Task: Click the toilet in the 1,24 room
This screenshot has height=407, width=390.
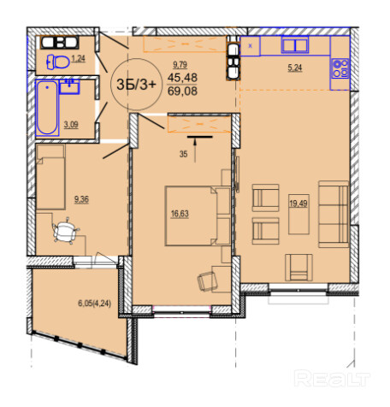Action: [58, 62]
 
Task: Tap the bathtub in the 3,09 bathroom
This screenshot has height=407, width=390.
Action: [47, 108]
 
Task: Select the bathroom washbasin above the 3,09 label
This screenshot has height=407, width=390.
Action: [69, 86]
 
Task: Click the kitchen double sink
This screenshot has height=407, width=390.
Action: [295, 44]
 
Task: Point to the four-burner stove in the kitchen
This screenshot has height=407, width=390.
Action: [340, 68]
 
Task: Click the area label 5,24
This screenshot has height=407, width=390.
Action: [295, 68]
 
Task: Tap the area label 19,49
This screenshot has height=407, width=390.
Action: [298, 203]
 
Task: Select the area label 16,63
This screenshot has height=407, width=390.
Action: [180, 214]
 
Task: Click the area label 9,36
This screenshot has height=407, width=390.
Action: [81, 199]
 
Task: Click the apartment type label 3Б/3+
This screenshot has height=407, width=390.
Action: [136, 85]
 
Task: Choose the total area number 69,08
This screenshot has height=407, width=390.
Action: [182, 91]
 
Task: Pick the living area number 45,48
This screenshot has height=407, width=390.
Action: [182, 77]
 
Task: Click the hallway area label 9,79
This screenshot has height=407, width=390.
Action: [180, 65]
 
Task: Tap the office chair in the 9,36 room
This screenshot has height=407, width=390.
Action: [66, 230]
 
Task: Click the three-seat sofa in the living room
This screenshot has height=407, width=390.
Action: [334, 214]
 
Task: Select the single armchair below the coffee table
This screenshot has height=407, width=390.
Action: [298, 268]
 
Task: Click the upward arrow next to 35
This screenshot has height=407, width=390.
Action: [195, 150]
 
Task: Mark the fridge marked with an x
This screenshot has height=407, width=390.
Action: [251, 46]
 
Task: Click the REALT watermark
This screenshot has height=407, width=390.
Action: [332, 378]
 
